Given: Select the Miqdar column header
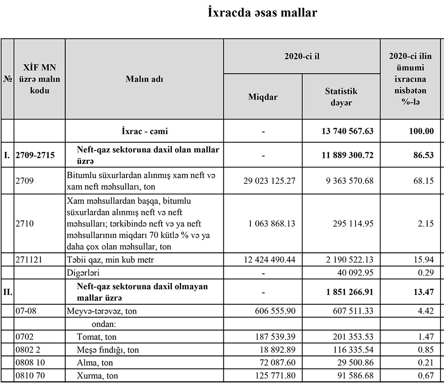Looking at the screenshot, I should point(263,96).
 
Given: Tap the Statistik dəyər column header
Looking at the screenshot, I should point(341,96).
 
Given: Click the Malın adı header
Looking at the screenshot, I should point(144,79).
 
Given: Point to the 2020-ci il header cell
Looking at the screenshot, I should point(302,56).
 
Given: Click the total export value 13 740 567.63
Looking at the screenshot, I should point(347,132).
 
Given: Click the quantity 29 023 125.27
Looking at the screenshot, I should point(270,181).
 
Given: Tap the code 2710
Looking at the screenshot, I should point(24,223).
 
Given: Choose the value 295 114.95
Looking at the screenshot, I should point(353,223).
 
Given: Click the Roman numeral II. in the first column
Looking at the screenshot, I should point(8,292).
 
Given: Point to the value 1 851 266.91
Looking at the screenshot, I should point(349,292).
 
